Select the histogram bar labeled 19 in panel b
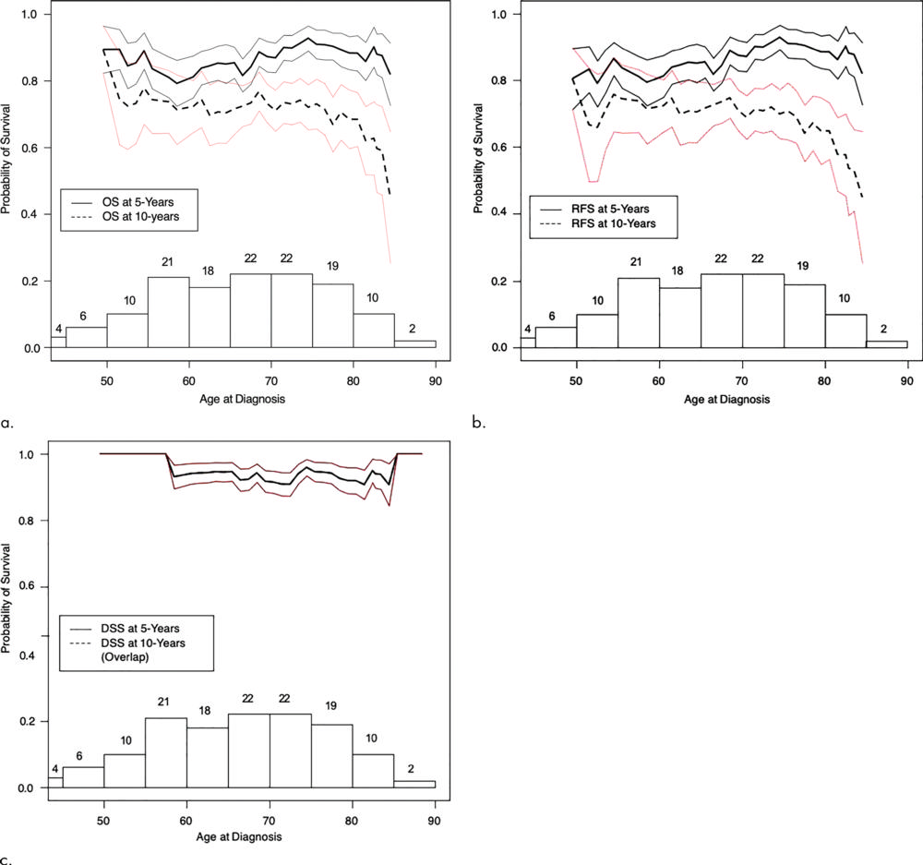point(805,316)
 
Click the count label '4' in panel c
point(55,769)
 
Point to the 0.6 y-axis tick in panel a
point(28,148)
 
